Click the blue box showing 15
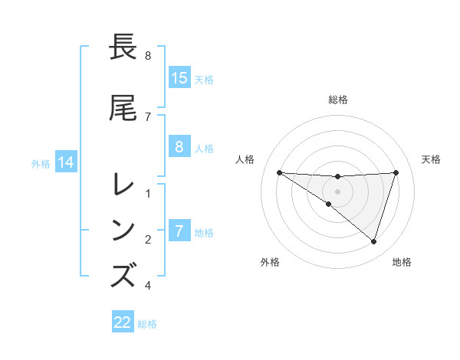[x=179, y=78]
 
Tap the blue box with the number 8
[x=179, y=148]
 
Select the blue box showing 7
[x=179, y=231]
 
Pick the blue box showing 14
[x=66, y=162]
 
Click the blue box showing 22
[x=123, y=323]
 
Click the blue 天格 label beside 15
[x=203, y=79]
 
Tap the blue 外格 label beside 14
[x=41, y=163]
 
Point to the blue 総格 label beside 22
[x=147, y=324]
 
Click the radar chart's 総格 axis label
[x=338, y=100]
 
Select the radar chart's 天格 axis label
[x=431, y=159]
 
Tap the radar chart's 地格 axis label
[x=402, y=262]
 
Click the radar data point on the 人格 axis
[x=279, y=172]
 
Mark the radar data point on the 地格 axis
[x=373, y=241]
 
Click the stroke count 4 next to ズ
[x=148, y=286]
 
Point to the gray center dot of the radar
[x=337, y=191]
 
